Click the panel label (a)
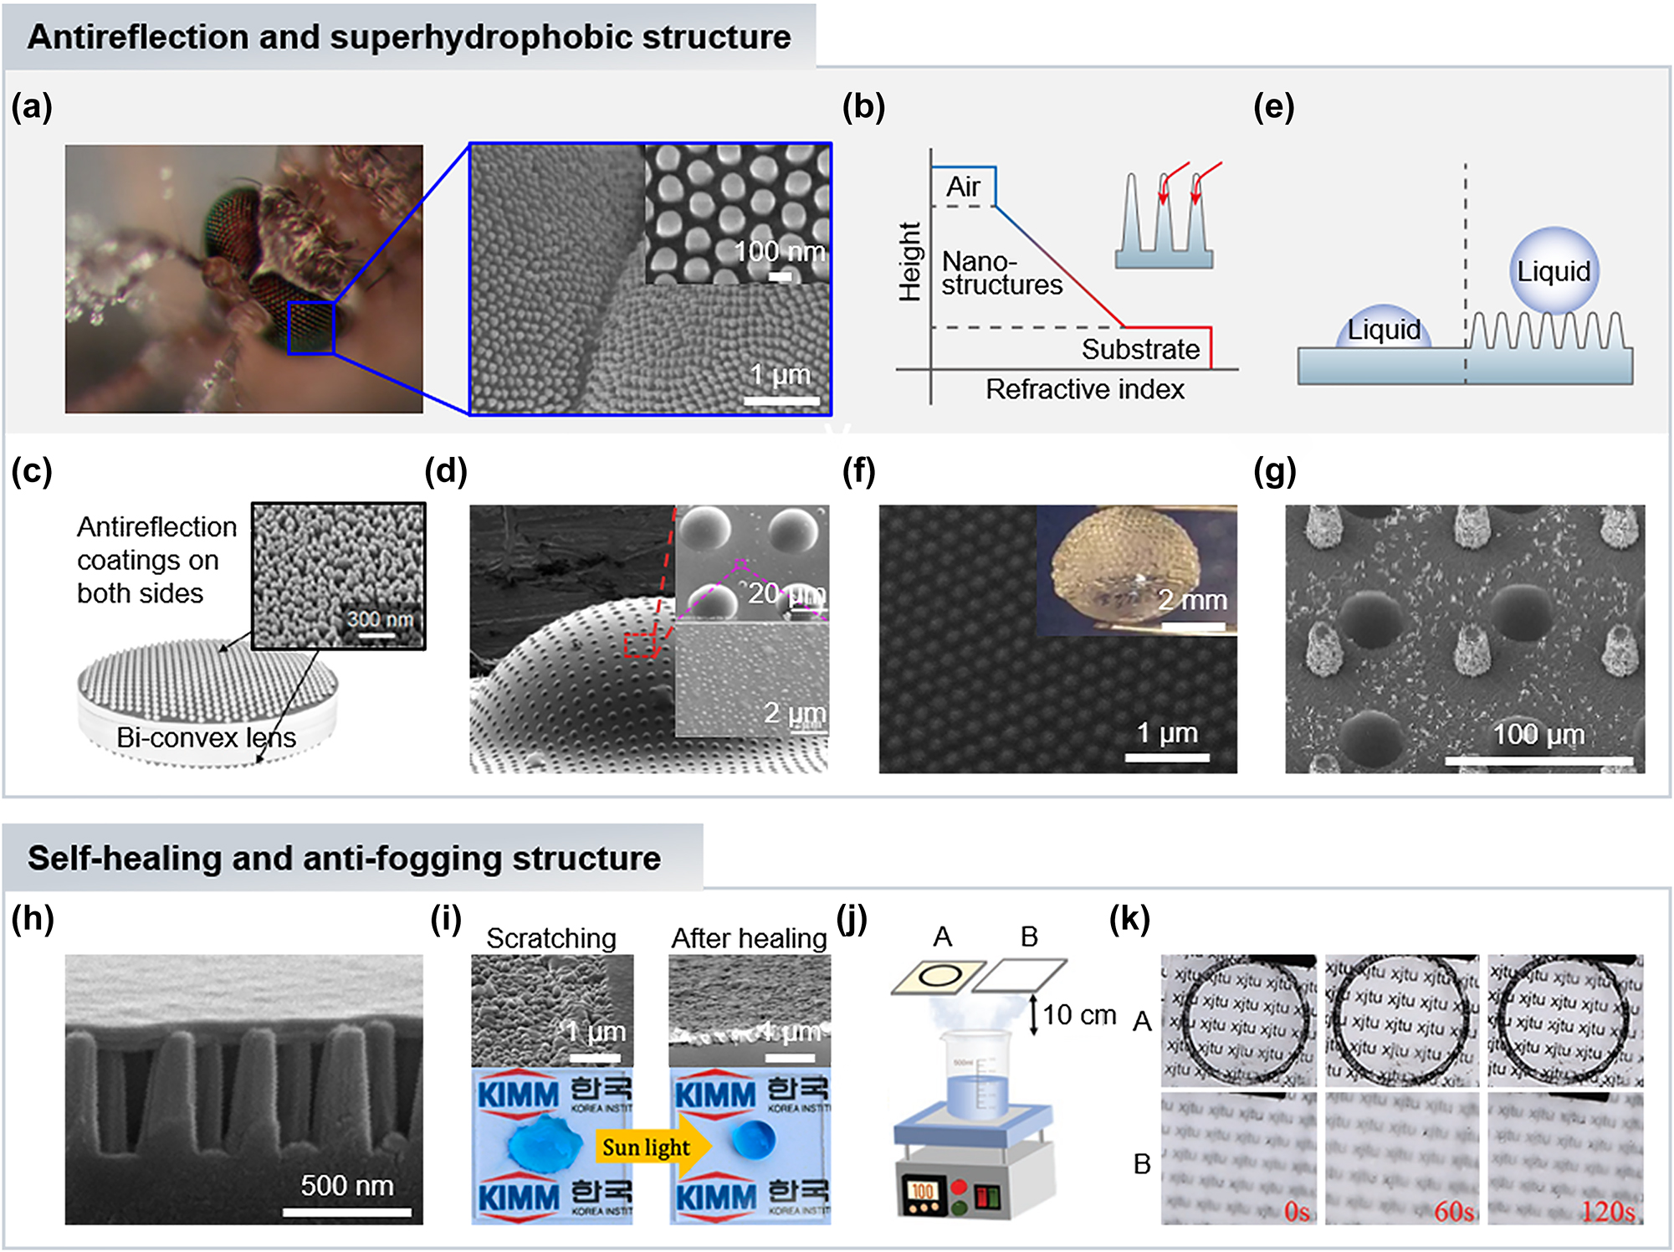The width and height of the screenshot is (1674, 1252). click(x=32, y=107)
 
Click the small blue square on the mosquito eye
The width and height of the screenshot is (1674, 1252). click(x=311, y=328)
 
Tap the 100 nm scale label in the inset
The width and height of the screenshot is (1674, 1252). click(x=779, y=252)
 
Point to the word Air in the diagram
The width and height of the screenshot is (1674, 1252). click(x=963, y=187)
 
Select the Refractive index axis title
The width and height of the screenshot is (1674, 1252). click(x=1084, y=389)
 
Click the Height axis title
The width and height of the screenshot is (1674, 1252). click(x=909, y=261)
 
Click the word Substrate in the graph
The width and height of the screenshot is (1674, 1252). click(x=1140, y=349)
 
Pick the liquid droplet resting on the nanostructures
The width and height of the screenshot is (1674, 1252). click(x=1554, y=270)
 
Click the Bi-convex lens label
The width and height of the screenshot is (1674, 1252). click(x=206, y=737)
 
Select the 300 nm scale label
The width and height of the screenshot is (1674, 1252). click(x=380, y=619)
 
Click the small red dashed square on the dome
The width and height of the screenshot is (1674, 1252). click(x=641, y=645)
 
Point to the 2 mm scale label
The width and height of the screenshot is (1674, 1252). click(x=1192, y=600)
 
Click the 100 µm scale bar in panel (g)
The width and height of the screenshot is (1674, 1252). click(x=1538, y=760)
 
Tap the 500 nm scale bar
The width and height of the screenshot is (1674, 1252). click(x=346, y=1211)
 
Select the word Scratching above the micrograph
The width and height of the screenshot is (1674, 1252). click(x=550, y=938)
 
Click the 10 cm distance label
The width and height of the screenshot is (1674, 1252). click(x=1079, y=1015)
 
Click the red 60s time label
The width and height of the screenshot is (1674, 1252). click(x=1454, y=1211)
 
